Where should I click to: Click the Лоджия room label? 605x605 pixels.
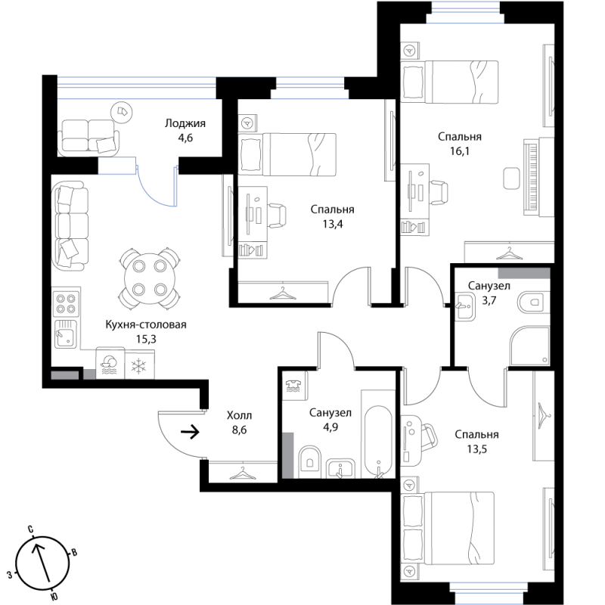pos(185,123)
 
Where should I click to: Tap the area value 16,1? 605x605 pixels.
pos(460,151)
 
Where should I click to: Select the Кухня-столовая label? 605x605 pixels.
pos(146,324)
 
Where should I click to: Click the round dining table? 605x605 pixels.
pos(150,278)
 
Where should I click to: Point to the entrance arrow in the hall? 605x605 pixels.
pos(190,432)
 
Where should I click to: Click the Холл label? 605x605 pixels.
pos(239,415)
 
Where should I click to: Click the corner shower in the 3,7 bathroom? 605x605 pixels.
pos(530,346)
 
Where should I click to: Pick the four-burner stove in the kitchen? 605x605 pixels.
pos(66,303)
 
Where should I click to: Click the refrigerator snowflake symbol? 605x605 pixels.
pos(138,366)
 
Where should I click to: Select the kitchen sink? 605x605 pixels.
pos(66,334)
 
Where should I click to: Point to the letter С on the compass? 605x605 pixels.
pos(30,529)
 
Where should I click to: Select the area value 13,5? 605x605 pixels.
pos(477,449)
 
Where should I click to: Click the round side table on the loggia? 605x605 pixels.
pos(122,112)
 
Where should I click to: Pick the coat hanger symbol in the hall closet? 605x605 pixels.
pos(243,473)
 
